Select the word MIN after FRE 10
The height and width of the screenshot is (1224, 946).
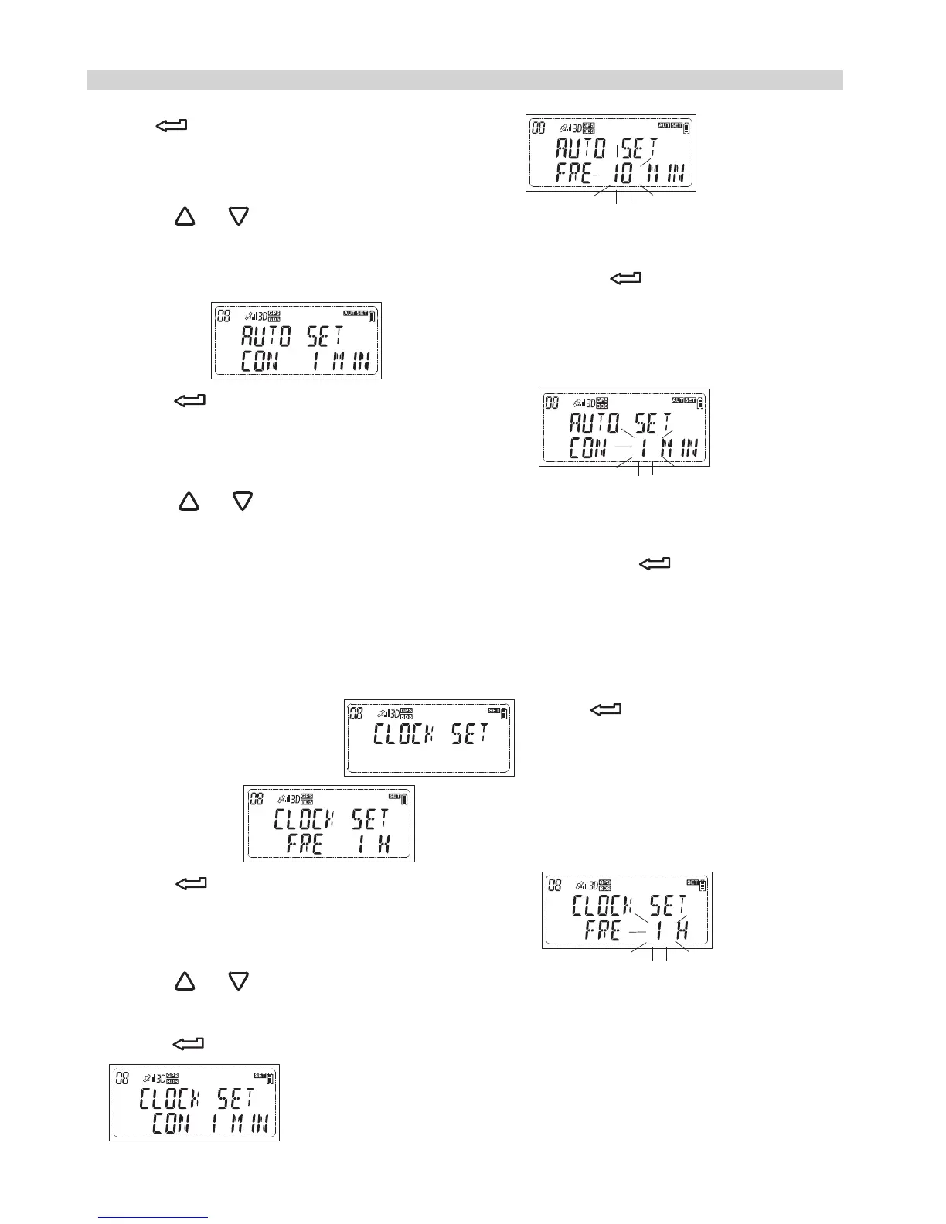coord(665,173)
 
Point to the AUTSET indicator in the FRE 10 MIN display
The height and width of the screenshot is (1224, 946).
coord(669,125)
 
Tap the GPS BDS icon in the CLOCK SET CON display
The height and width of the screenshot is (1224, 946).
coord(172,1078)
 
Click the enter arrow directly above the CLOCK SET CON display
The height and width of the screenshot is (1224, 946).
coord(188,1044)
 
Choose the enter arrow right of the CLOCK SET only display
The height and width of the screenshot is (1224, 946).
coord(606,709)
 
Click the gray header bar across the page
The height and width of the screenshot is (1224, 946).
coord(464,80)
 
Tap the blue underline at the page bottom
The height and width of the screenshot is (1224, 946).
coord(154,1218)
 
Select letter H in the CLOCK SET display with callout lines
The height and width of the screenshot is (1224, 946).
coord(682,930)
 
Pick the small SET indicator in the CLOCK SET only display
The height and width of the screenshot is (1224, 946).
coord(494,710)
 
